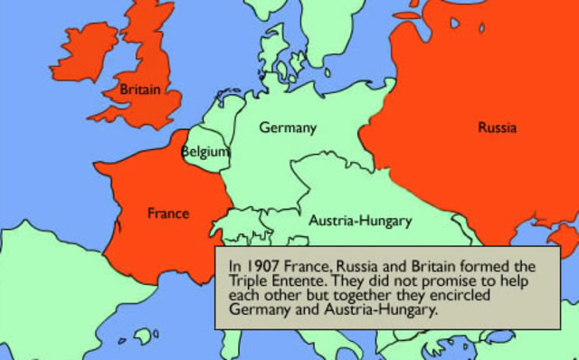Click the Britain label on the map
tap(140, 90)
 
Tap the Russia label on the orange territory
tap(497, 128)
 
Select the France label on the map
tap(168, 214)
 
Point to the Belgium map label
tap(205, 153)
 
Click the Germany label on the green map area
tap(288, 128)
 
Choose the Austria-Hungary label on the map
tap(360, 221)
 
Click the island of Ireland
tap(84, 52)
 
